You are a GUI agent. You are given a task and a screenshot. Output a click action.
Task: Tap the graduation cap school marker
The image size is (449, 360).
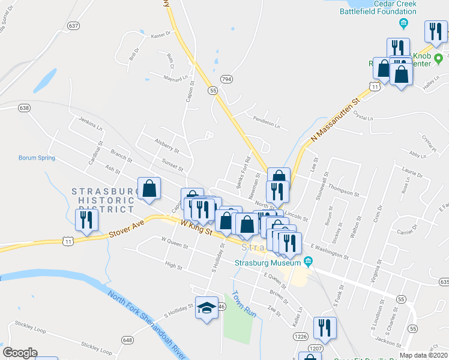point(206,308)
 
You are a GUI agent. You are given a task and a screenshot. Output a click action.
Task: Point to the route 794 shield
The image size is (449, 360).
point(226,79)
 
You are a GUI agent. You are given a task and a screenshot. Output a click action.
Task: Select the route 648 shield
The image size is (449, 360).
point(127,340)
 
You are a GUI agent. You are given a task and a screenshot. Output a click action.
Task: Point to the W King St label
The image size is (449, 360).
point(197,227)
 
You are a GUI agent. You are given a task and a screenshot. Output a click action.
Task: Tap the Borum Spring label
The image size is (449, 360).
point(37,158)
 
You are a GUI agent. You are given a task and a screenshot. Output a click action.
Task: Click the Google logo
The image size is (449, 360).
point(20,352)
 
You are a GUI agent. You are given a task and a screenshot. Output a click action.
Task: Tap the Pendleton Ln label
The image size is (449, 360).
point(267,118)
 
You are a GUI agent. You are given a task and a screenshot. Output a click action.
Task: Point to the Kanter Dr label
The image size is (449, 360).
point(162,35)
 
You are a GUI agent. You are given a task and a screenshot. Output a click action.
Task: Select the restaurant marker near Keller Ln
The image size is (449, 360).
point(325,328)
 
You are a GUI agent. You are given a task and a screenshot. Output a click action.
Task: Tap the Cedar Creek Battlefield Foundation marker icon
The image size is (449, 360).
point(404,23)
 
